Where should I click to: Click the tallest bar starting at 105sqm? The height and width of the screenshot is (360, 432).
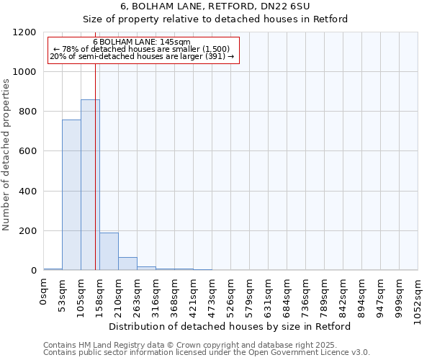(90, 185)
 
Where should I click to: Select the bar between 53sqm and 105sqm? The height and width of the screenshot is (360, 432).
(71, 195)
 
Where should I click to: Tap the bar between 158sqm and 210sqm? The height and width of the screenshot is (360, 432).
(109, 251)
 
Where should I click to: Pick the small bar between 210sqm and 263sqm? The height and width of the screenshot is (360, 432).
(127, 264)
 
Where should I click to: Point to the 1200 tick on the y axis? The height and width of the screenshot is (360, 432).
(24, 32)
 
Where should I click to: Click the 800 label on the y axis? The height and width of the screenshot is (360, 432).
(27, 112)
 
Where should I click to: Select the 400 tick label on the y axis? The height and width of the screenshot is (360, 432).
(27, 192)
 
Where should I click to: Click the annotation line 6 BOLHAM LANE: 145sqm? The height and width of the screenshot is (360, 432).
(141, 42)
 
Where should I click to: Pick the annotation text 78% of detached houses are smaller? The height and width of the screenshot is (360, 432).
(141, 49)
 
